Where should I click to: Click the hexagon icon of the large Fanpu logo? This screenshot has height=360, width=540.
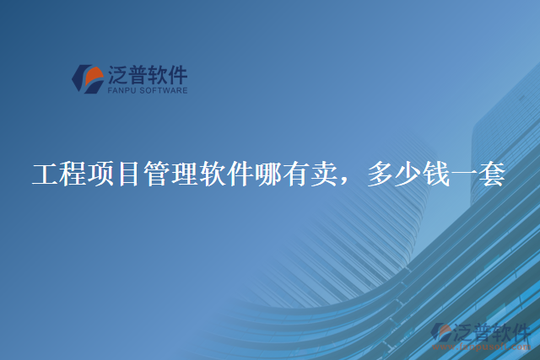point(88,79)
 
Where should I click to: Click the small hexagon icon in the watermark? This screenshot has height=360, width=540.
point(442,331)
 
